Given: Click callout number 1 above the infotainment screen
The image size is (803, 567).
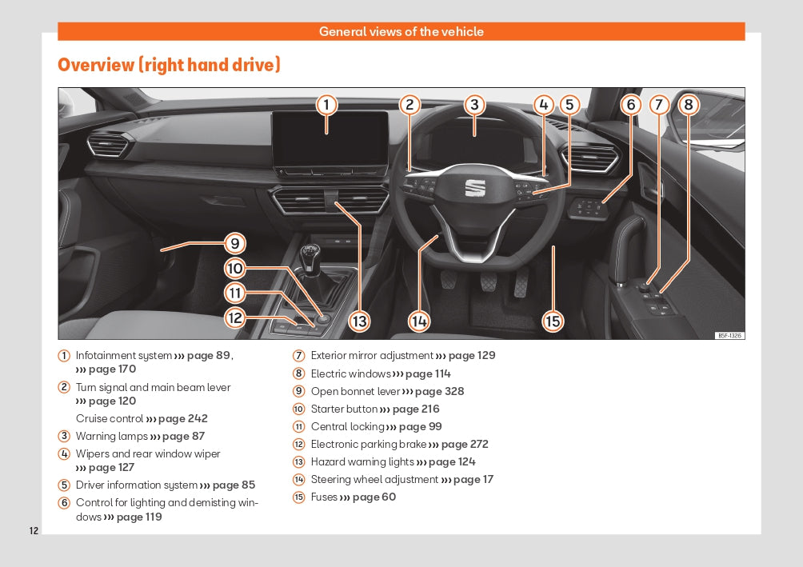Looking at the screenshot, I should pyautogui.click(x=326, y=105).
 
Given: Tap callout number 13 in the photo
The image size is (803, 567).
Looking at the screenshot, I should pyautogui.click(x=360, y=321).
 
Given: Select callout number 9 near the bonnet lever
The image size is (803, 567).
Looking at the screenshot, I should pyautogui.click(x=234, y=243).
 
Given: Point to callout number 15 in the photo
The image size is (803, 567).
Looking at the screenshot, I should pyautogui.click(x=553, y=321).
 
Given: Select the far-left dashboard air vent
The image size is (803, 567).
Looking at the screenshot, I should pyautogui.click(x=108, y=145).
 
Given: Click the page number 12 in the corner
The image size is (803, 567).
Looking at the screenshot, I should pyautogui.click(x=34, y=531).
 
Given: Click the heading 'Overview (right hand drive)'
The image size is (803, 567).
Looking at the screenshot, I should pyautogui.click(x=169, y=65).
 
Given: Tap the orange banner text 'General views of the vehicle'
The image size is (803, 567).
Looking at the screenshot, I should pyautogui.click(x=401, y=32).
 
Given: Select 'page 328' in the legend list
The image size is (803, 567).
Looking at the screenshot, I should pyautogui.click(x=438, y=391).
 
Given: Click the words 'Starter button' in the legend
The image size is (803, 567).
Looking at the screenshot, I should pyautogui.click(x=344, y=409).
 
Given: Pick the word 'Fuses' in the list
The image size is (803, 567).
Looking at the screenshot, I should pyautogui.click(x=324, y=497).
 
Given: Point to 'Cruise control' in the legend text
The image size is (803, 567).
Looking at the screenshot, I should pyautogui.click(x=110, y=418).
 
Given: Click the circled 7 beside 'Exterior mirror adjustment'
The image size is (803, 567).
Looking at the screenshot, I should pyautogui.click(x=298, y=356).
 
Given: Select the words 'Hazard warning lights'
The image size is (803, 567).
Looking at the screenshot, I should pyautogui.click(x=362, y=461).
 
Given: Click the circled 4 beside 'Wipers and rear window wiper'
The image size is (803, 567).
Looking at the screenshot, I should pyautogui.click(x=64, y=454).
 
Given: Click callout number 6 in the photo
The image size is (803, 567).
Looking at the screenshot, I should pyautogui.click(x=630, y=105).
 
